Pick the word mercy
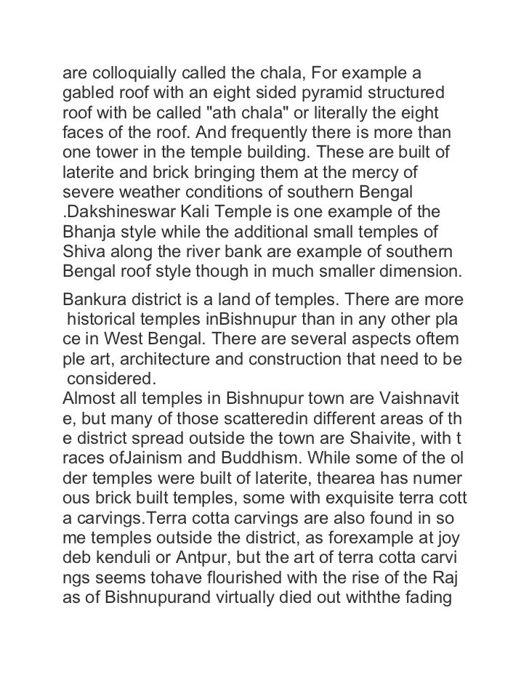[395, 175]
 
